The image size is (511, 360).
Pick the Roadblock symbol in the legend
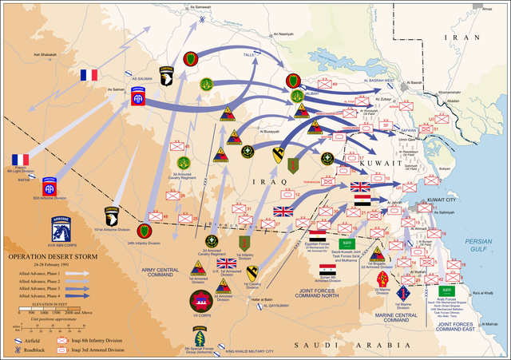[14, 349]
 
